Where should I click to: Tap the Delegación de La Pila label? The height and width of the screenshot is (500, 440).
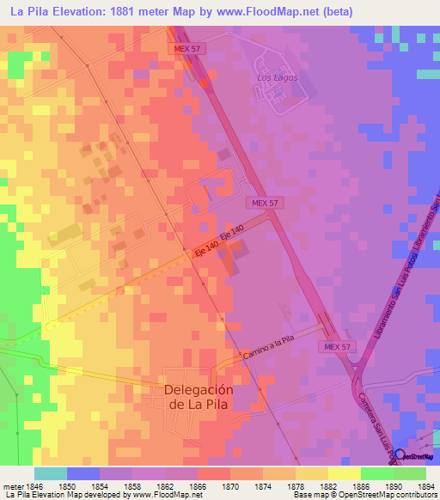click(198, 396)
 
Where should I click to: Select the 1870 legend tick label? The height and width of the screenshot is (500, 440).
click(230, 486)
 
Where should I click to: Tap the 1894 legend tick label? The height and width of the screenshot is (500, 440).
click(425, 486)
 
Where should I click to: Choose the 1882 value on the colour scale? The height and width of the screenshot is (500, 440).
click(328, 486)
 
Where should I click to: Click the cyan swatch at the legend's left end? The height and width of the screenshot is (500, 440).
click(51, 473)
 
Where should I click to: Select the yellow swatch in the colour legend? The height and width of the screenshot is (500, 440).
click(344, 473)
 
